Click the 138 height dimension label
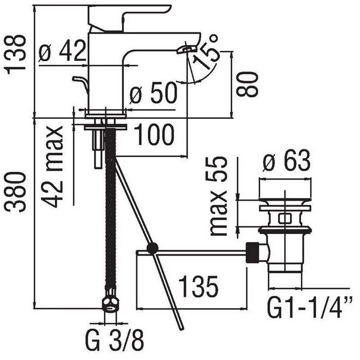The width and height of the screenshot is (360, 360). (16, 55)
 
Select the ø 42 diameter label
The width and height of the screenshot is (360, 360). (62, 51)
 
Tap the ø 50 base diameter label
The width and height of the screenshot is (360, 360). (154, 93)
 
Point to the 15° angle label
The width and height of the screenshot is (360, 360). (205, 52)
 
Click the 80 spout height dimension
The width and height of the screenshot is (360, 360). (247, 83)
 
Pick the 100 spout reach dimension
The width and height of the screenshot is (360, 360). (154, 134)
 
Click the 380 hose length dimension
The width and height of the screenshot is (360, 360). (16, 192)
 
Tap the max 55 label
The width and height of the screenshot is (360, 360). (219, 196)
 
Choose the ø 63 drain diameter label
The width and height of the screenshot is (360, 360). (286, 160)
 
